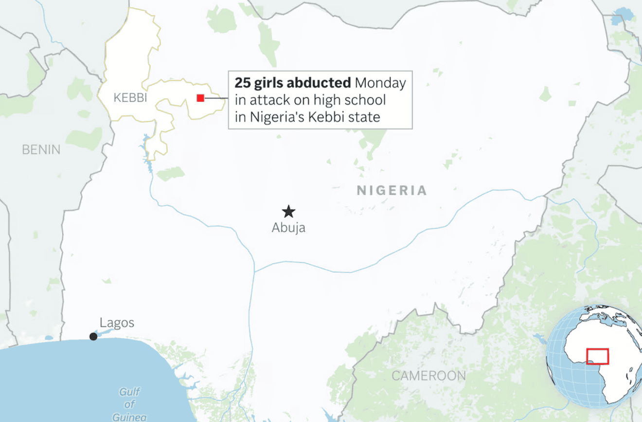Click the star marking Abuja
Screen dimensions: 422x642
coord(289,211)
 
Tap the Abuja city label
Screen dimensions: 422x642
coord(288,228)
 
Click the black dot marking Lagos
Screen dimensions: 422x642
coord(93,336)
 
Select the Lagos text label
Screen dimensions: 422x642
coord(117,323)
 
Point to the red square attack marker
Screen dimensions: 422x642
coord(200,98)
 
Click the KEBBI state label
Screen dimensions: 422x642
coord(130,98)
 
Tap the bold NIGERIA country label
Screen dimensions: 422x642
coord(392,191)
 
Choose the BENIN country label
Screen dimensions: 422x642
coord(41,150)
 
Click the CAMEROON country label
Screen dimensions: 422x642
coord(428,376)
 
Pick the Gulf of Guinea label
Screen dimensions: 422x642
coord(129,404)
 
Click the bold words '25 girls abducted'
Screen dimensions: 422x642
coord(293,83)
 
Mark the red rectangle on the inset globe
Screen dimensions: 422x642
coord(598,356)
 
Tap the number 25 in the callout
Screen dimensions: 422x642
coord(242,83)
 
